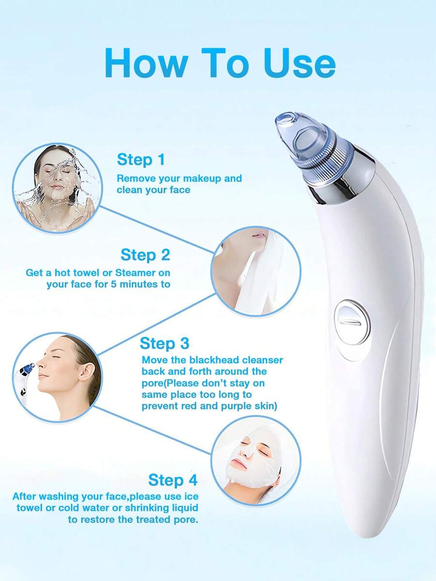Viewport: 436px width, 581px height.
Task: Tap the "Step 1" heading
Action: (140, 160)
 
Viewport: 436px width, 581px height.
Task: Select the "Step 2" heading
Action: (145, 255)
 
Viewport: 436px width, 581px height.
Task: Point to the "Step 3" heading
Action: (165, 343)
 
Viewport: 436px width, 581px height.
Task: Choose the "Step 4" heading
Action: (173, 480)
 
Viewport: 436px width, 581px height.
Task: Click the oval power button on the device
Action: (352, 323)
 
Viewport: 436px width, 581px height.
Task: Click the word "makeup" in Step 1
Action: (202, 179)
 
